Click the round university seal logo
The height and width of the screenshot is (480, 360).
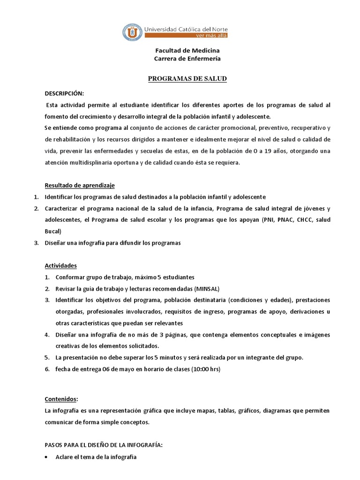click(132, 32)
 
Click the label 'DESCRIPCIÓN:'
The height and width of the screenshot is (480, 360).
click(64, 93)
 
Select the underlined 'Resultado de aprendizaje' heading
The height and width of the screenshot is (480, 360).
click(79, 185)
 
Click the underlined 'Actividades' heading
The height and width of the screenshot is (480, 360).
click(60, 265)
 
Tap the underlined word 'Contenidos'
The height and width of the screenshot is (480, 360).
click(60, 399)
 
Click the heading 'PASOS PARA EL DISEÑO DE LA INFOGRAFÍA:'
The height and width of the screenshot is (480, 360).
click(104, 445)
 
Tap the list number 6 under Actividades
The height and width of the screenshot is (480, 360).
click(47, 369)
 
